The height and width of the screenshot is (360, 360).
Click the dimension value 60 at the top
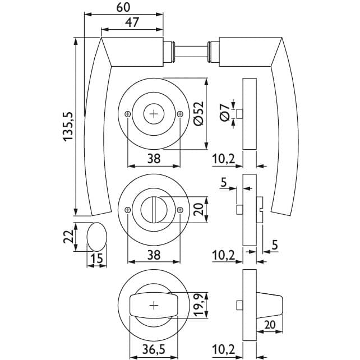point(124,7)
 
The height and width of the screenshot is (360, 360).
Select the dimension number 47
point(132,23)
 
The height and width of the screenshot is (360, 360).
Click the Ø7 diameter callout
point(224,114)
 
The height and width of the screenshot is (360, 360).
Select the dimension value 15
point(96,259)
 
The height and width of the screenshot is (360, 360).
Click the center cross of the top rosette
point(154,114)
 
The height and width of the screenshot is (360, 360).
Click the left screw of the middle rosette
point(128,210)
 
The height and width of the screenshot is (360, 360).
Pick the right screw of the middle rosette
point(179,210)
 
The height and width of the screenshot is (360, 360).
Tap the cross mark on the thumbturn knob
point(154,306)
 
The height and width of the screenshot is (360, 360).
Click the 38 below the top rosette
point(153,159)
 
